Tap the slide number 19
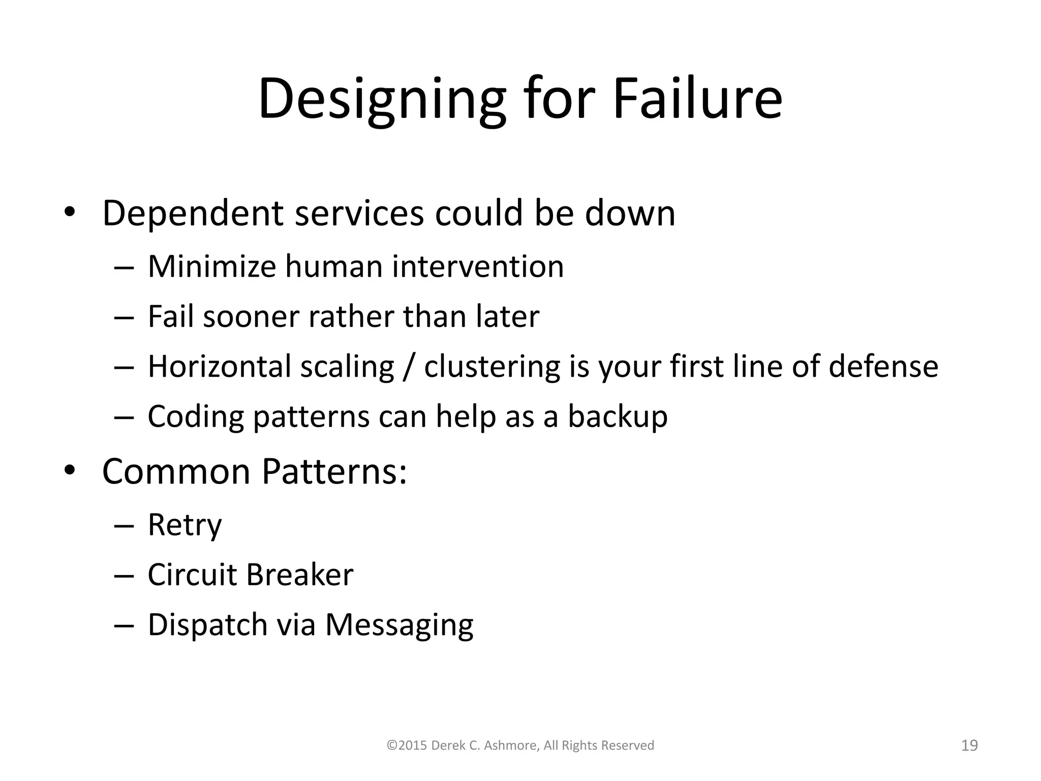pos(970,745)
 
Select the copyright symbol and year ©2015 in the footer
pos(407,745)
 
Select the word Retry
pos(185,525)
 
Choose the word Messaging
pos(399,624)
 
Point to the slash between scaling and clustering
pos(409,366)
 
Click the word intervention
pos(477,266)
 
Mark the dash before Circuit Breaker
pos(124,575)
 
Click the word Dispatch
pos(207,624)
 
